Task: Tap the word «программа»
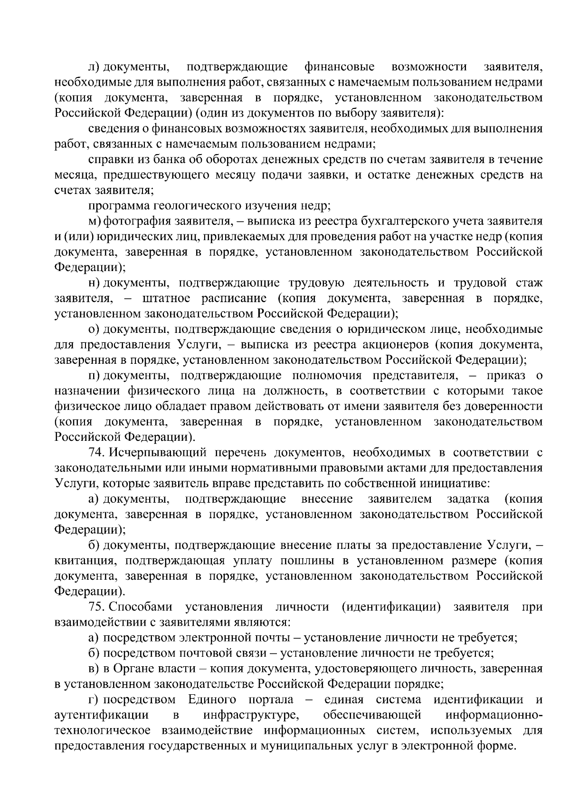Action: tap(119, 206)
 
